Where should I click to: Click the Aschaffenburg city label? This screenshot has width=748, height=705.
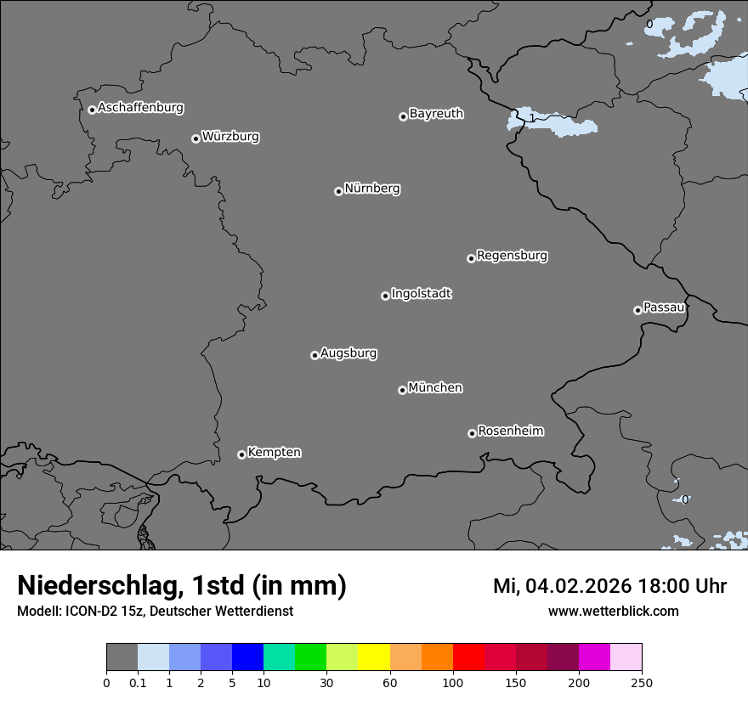click(x=140, y=108)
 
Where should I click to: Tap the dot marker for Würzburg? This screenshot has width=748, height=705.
click(x=195, y=138)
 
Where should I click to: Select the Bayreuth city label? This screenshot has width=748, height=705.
click(x=436, y=114)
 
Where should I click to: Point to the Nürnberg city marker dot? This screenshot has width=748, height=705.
click(x=338, y=191)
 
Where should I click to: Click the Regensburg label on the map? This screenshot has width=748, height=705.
click(x=512, y=256)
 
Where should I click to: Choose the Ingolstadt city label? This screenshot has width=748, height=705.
click(x=421, y=294)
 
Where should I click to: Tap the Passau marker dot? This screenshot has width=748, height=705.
click(x=637, y=310)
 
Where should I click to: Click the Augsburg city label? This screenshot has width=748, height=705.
click(x=348, y=353)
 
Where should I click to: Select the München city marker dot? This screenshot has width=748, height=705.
click(x=402, y=391)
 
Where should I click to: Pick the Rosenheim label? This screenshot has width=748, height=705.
click(x=510, y=431)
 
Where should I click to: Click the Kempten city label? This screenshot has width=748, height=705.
click(x=274, y=453)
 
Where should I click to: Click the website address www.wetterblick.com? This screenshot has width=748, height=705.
click(x=613, y=611)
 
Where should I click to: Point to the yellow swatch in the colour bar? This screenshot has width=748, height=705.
click(x=374, y=657)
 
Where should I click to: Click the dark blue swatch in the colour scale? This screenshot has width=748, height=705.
click(x=247, y=657)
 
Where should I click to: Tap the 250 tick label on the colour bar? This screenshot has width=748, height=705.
click(x=642, y=682)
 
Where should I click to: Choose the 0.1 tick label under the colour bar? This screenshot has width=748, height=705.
click(x=138, y=682)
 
